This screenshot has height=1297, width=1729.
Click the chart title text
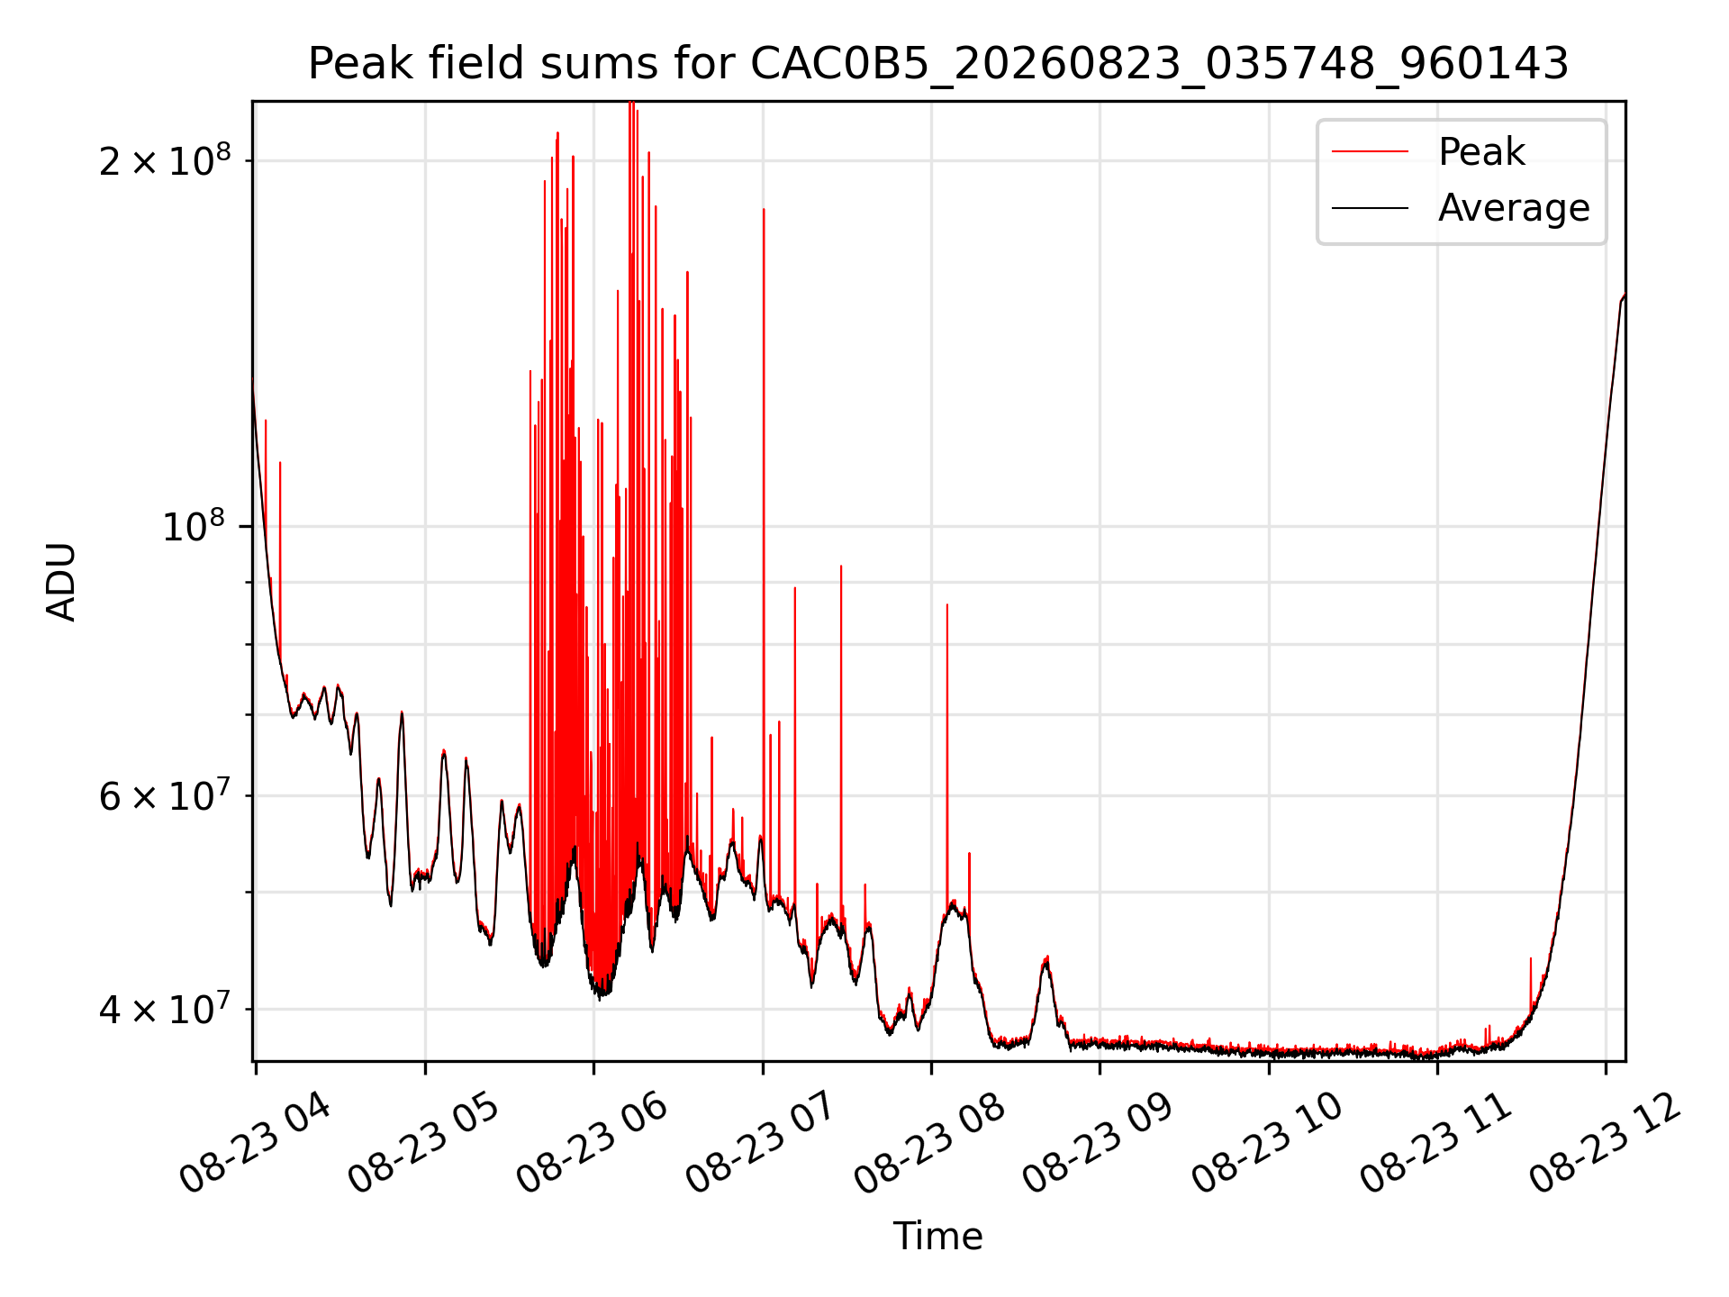[938, 64]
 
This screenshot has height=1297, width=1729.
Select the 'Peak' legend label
[1481, 151]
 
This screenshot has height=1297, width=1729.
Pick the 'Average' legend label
[1514, 208]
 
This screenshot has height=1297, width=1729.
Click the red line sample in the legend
[1370, 152]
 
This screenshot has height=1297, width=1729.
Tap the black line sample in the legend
[1370, 208]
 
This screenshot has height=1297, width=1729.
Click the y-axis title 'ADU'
[61, 581]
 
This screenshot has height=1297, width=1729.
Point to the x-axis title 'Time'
[937, 1236]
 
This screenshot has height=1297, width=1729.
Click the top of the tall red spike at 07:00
[764, 209]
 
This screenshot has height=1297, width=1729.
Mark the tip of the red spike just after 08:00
[947, 604]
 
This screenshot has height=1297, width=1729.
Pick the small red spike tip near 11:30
[1531, 958]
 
